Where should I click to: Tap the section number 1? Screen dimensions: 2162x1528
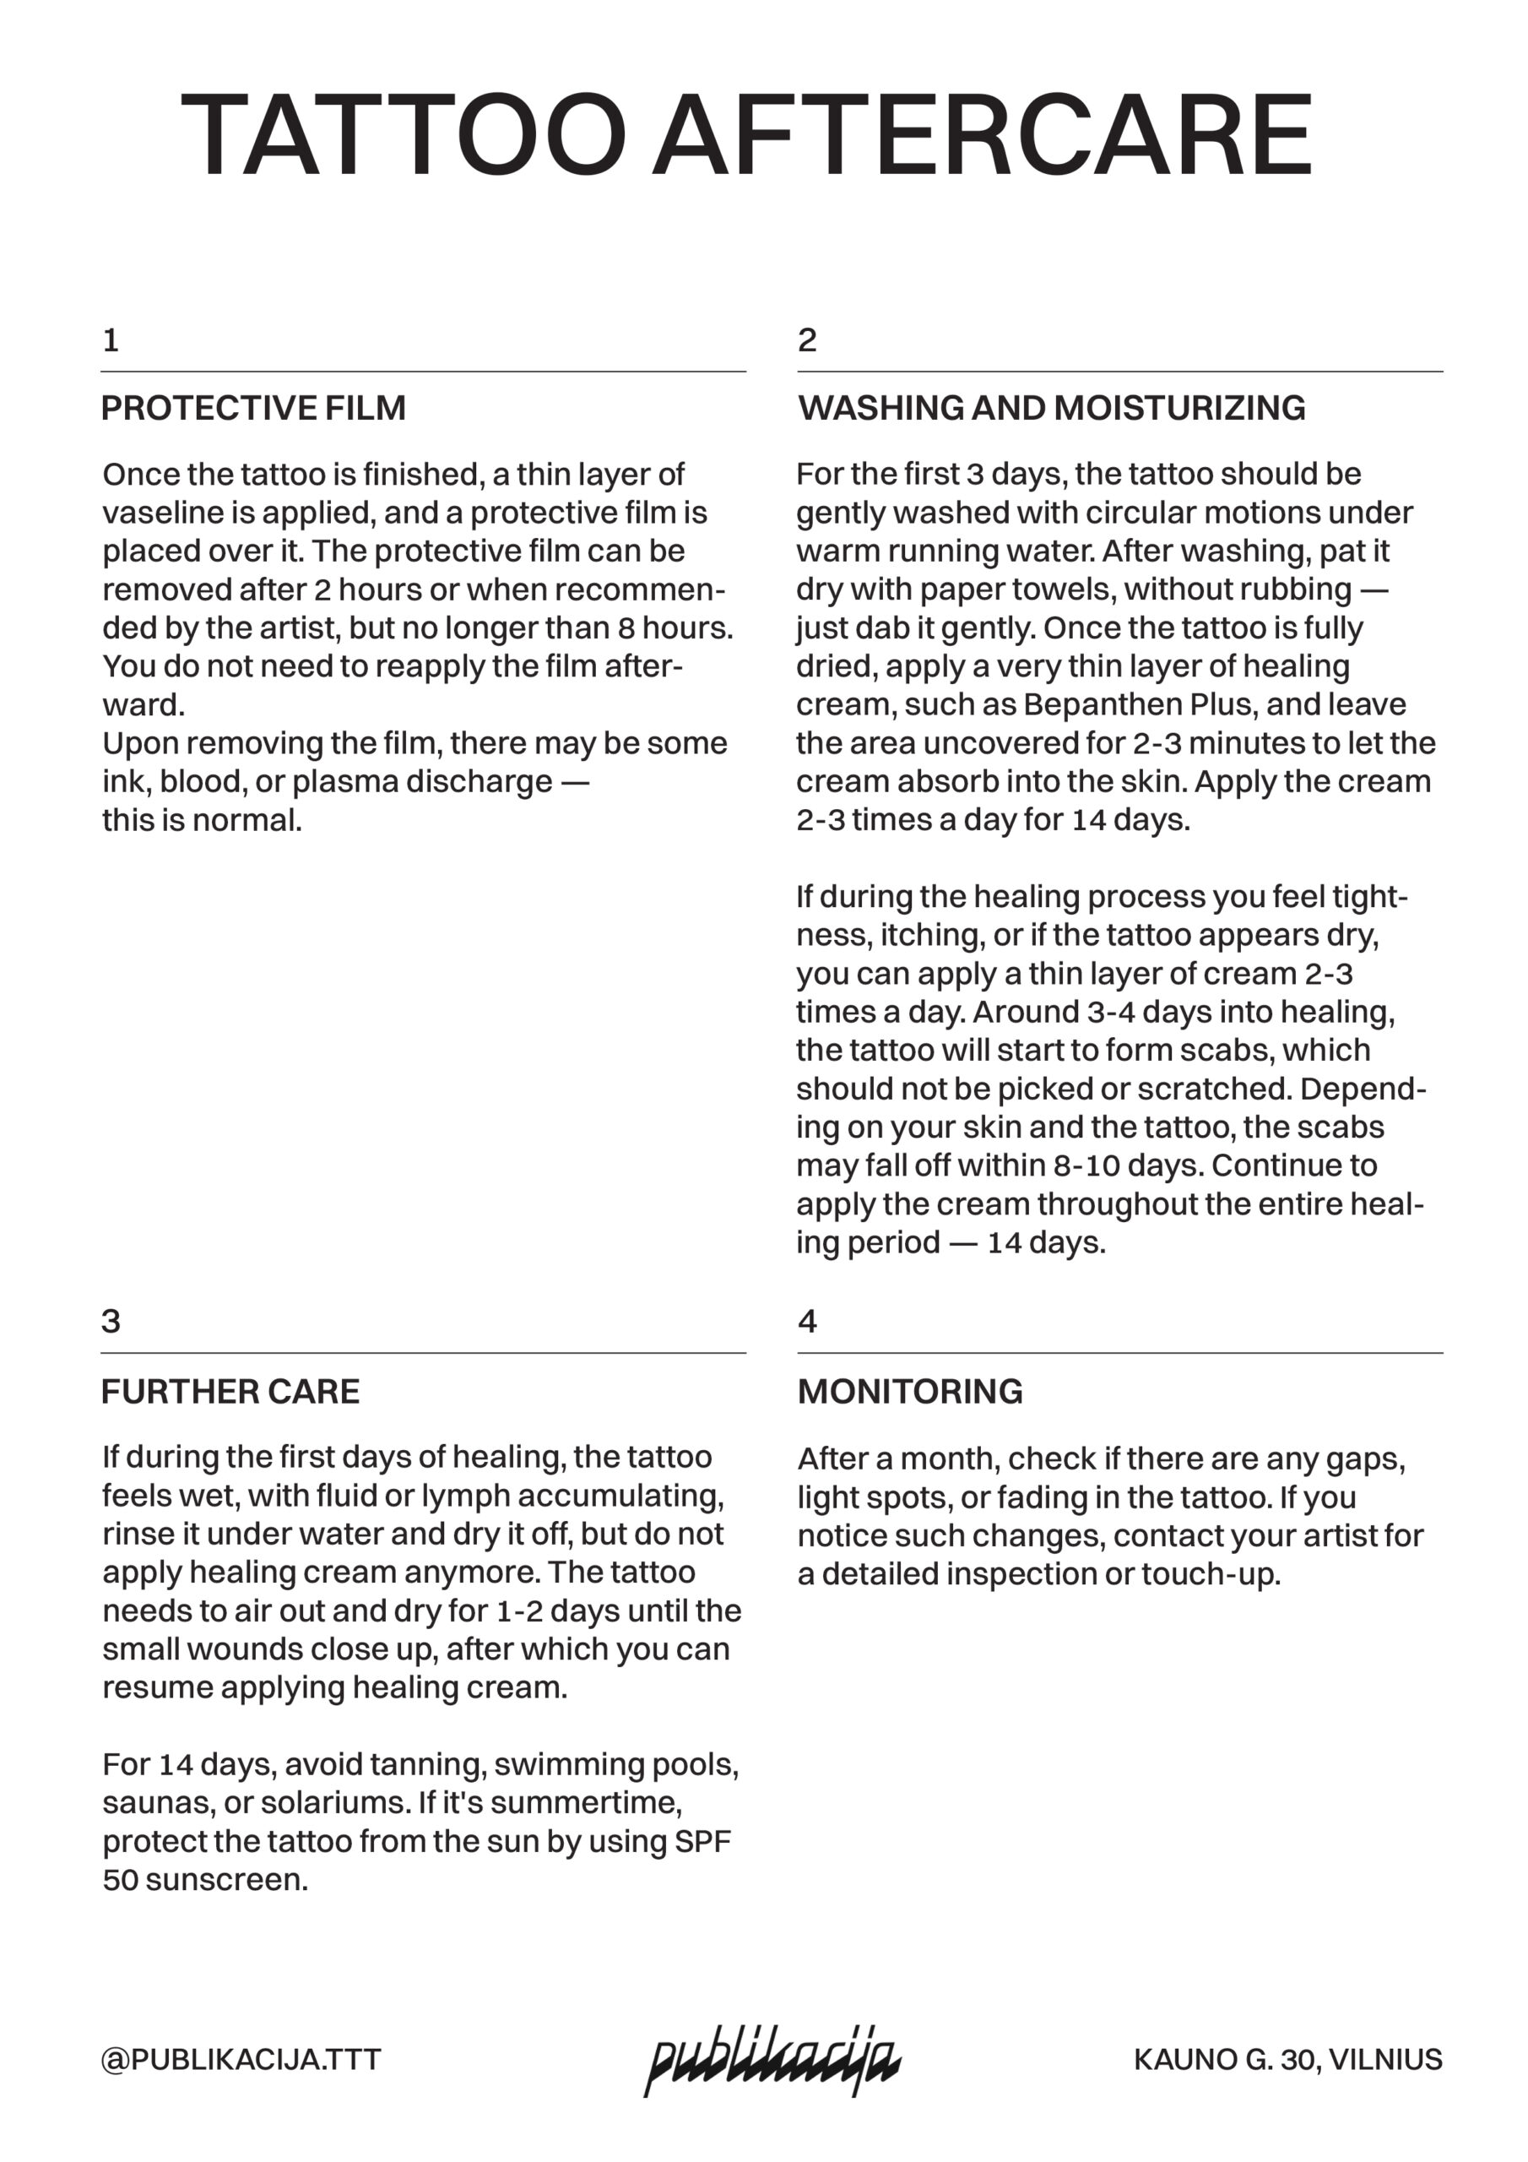(110, 340)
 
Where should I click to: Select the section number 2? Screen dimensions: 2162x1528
(807, 340)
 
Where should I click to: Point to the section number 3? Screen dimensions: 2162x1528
(110, 1321)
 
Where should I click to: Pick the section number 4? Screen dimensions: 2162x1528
(807, 1321)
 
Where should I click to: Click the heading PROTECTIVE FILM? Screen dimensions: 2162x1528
(253, 408)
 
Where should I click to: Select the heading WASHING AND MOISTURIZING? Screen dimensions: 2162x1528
(1051, 408)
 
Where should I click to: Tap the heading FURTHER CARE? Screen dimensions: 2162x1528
(230, 1392)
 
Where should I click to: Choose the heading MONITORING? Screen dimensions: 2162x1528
(909, 1392)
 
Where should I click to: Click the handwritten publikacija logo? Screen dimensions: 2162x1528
(772, 2061)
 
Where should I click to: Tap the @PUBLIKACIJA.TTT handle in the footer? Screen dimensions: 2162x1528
(241, 2059)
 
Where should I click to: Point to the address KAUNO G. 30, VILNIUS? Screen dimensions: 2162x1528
(1287, 2059)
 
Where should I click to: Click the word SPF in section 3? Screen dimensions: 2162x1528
(702, 1841)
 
